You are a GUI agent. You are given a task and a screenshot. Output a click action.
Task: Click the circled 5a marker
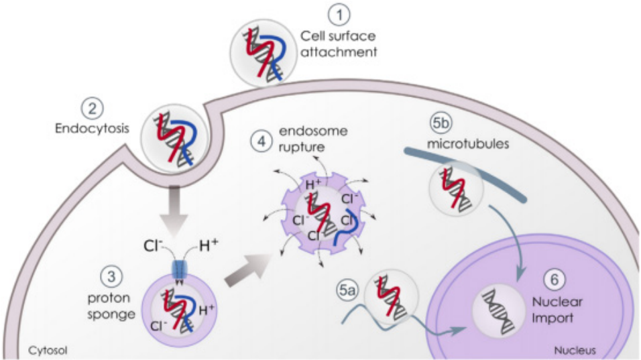pyautogui.click(x=346, y=290)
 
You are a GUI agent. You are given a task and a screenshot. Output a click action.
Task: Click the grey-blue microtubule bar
pyautogui.click(x=469, y=170)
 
